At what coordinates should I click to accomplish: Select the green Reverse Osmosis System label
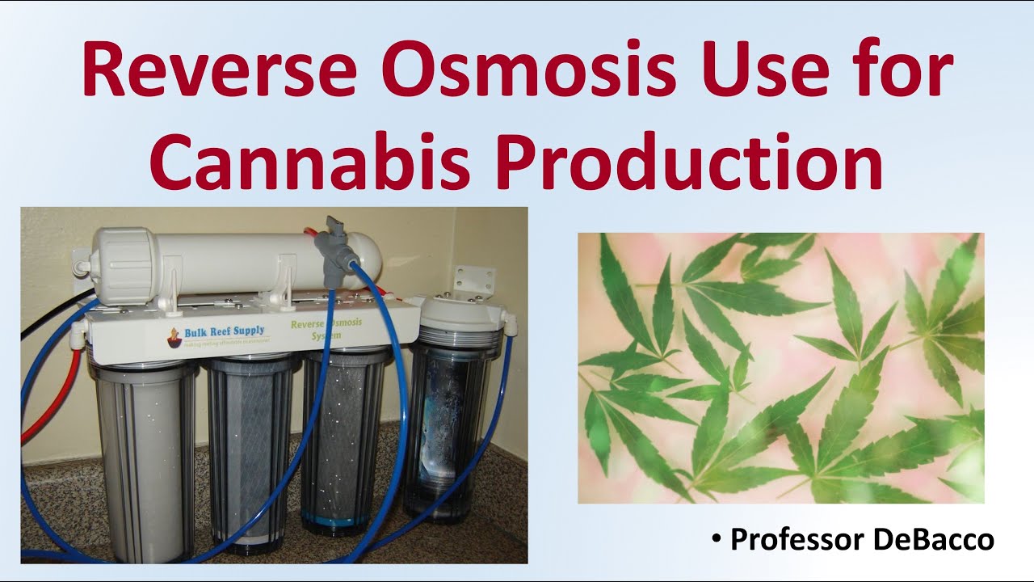pos(326,328)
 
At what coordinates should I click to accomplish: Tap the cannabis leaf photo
pos(780,368)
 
